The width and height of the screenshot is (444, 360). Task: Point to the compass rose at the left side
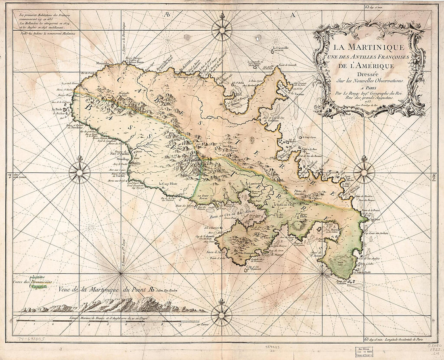tap(80, 172)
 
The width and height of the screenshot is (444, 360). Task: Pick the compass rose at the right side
tap(364, 172)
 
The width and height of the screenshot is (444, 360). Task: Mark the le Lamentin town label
tap(255, 184)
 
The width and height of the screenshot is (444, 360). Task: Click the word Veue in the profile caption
tap(66, 289)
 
